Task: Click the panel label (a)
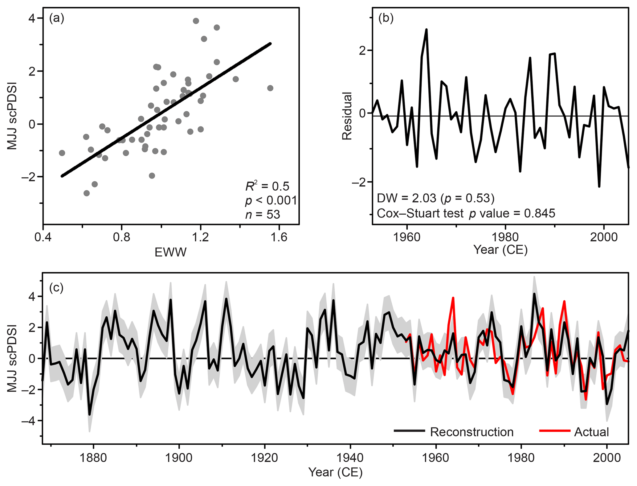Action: pos(57,19)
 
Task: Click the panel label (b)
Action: pos(386,19)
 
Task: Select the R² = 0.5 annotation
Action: pos(267,186)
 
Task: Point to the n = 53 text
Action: pos(263,214)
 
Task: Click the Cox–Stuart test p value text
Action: pos(466,213)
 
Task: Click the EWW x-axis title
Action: pos(170,252)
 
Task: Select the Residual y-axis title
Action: pos(347,116)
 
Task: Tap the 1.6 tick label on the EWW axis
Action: pos(279,237)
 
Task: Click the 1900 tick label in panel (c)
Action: pos(179,458)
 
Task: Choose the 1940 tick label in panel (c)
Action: pos(350,458)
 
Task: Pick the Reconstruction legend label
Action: pos(472,432)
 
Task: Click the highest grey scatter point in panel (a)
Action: pos(196,21)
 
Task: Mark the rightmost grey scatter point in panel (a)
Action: pos(270,88)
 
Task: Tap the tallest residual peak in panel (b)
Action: pos(427,30)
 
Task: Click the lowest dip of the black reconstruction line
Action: pos(90,414)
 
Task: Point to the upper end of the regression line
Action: pos(270,44)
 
